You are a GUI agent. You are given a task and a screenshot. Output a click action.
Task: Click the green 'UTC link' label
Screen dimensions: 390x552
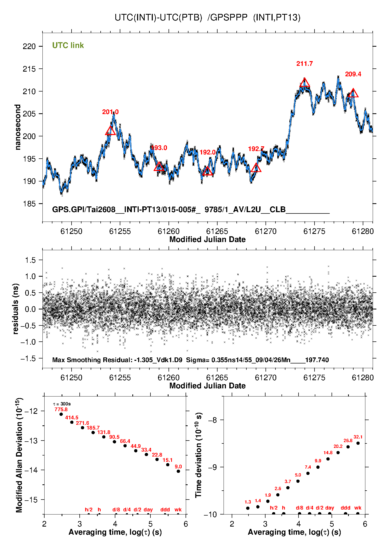(68, 45)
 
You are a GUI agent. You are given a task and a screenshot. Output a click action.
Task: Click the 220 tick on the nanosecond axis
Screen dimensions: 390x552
(29, 46)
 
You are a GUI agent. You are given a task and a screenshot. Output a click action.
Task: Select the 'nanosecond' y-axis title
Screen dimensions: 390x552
(18, 127)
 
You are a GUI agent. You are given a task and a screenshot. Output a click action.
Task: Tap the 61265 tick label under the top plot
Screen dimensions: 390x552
(217, 231)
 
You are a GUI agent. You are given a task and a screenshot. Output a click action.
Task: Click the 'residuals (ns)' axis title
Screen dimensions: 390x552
(16, 309)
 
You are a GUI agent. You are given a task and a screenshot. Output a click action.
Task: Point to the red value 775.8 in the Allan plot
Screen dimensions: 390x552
(61, 409)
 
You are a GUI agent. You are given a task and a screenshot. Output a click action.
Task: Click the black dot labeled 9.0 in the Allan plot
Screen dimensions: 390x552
(178, 471)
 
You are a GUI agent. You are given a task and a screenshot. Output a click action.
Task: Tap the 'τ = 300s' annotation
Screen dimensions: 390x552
(62, 404)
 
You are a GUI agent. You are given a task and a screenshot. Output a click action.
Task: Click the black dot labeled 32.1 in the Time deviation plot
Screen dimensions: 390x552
(358, 443)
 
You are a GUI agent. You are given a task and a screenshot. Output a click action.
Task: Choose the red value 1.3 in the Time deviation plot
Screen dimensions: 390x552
(248, 502)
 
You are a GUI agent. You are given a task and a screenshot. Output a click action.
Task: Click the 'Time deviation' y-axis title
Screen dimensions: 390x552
(198, 455)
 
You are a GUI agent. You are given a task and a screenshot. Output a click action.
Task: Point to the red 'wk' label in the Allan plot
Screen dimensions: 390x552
(178, 510)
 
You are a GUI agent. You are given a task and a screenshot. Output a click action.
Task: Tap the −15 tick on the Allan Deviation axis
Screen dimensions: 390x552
(31, 500)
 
